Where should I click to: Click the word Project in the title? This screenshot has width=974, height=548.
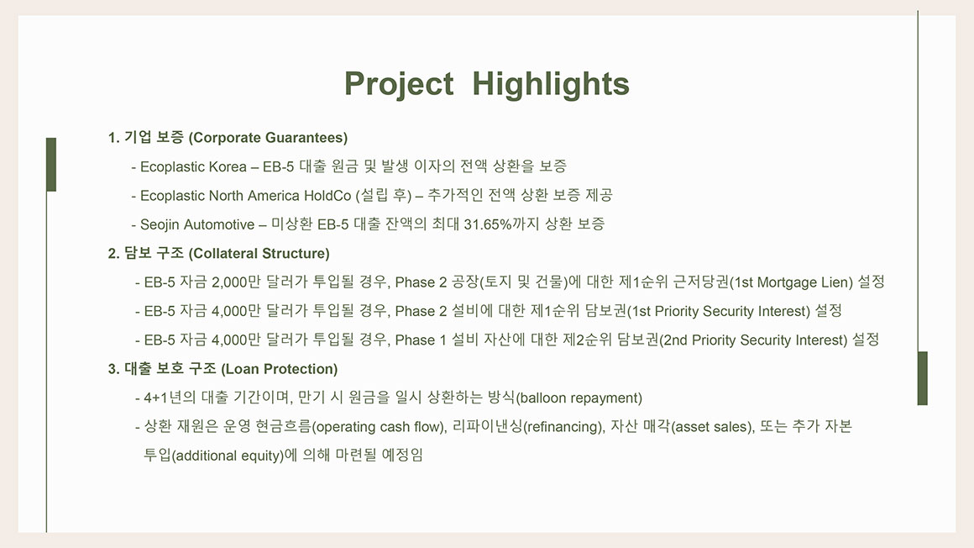(399, 85)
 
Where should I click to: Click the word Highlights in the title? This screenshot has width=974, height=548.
(551, 84)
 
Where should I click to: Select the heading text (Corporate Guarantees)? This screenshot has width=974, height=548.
(268, 138)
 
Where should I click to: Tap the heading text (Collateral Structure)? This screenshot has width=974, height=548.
(259, 254)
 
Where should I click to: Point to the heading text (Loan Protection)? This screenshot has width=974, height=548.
(280, 370)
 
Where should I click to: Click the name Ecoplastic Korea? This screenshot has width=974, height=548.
(193, 166)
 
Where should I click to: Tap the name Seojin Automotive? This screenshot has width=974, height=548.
(197, 224)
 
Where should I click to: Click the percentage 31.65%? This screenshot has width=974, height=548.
(488, 224)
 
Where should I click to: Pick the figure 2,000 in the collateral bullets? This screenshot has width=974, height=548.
(230, 282)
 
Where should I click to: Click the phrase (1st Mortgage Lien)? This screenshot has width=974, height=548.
(791, 282)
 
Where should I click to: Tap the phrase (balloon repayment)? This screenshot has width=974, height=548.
(579, 398)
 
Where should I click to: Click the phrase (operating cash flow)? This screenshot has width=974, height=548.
(379, 427)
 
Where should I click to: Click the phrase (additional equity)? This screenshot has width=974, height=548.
(228, 456)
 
